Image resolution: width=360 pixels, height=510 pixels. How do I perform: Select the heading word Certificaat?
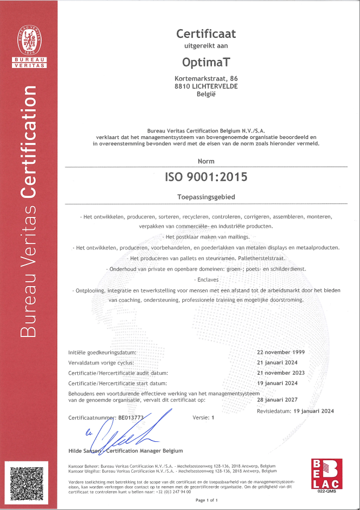click(206, 34)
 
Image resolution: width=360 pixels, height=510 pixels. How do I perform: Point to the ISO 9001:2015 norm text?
click(206, 176)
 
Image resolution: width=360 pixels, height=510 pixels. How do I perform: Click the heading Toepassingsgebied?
click(206, 197)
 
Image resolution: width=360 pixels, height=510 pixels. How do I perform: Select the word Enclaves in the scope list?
click(206, 279)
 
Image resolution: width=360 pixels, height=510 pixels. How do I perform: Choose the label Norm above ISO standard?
click(206, 161)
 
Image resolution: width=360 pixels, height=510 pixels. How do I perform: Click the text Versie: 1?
click(204, 418)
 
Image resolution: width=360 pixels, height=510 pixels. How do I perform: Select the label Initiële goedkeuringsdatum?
click(102, 352)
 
